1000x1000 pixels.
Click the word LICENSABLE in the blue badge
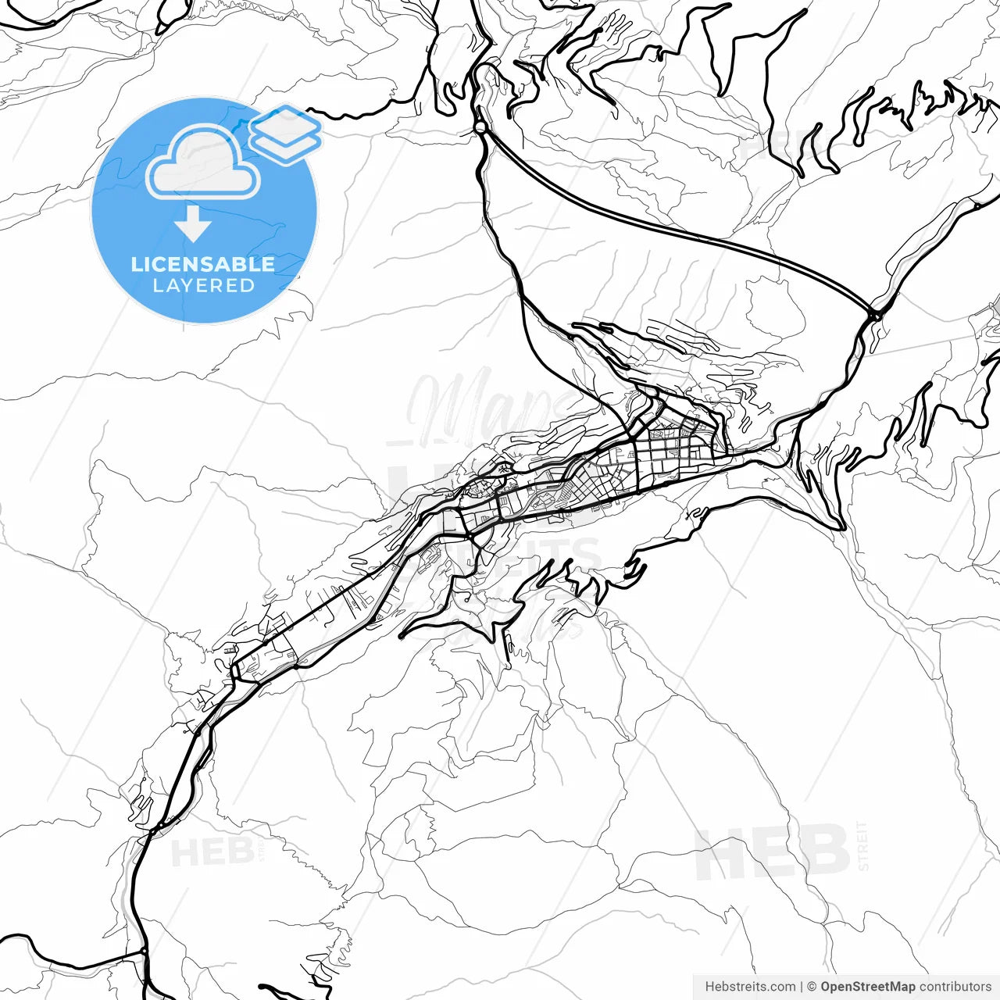tap(203, 264)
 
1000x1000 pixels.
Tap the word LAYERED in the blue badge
tap(203, 286)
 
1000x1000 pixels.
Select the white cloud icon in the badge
tap(203, 162)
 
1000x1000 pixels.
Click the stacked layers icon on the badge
tap(286, 133)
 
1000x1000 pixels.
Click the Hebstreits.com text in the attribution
tap(750, 987)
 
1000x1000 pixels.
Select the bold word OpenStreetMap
tap(867, 987)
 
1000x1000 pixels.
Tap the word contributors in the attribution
tap(955, 987)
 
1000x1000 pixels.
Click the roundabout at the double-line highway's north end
tap(480, 127)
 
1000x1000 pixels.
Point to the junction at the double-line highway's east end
tap(875, 315)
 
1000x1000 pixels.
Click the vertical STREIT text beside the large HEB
tap(862, 845)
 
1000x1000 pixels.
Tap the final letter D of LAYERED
tap(248, 286)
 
